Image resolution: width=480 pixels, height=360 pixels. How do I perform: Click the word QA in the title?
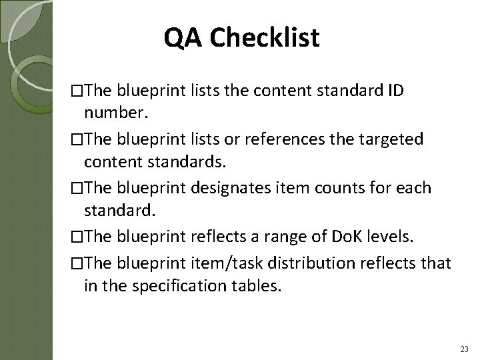[183, 39]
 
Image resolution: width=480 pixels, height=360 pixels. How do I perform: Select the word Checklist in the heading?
[265, 39]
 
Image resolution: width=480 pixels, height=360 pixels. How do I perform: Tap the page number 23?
[464, 349]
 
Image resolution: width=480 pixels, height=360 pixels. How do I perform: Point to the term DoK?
[343, 235]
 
